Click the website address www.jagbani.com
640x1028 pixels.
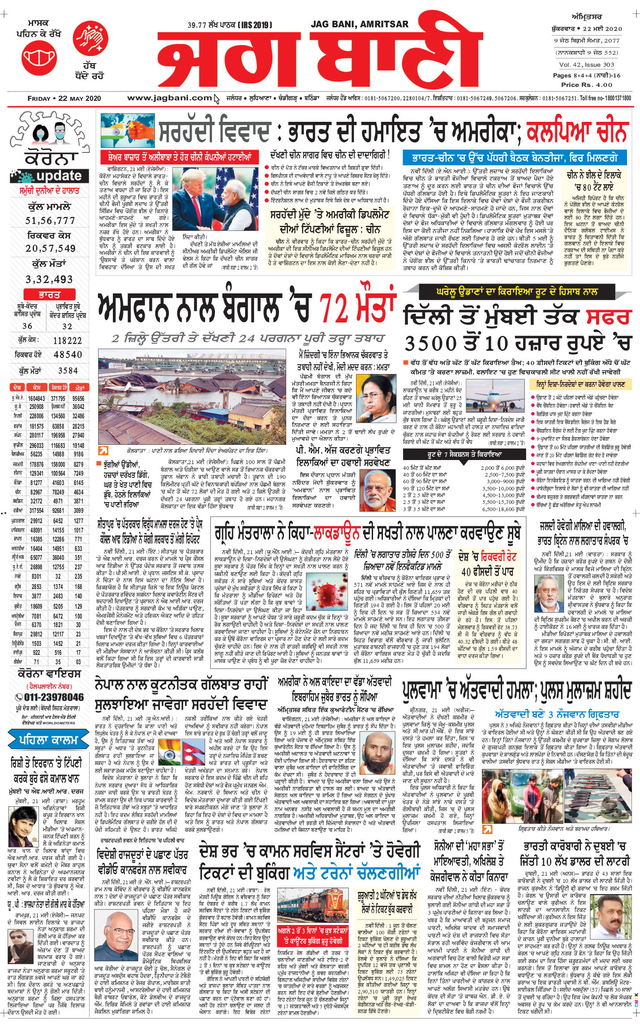[169, 98]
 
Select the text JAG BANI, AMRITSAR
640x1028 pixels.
[359, 24]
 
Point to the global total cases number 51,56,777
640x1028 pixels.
[50, 220]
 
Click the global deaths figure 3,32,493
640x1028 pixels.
[49, 280]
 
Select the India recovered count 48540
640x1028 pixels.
[68, 355]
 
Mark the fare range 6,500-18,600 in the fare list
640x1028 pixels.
[503, 509]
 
